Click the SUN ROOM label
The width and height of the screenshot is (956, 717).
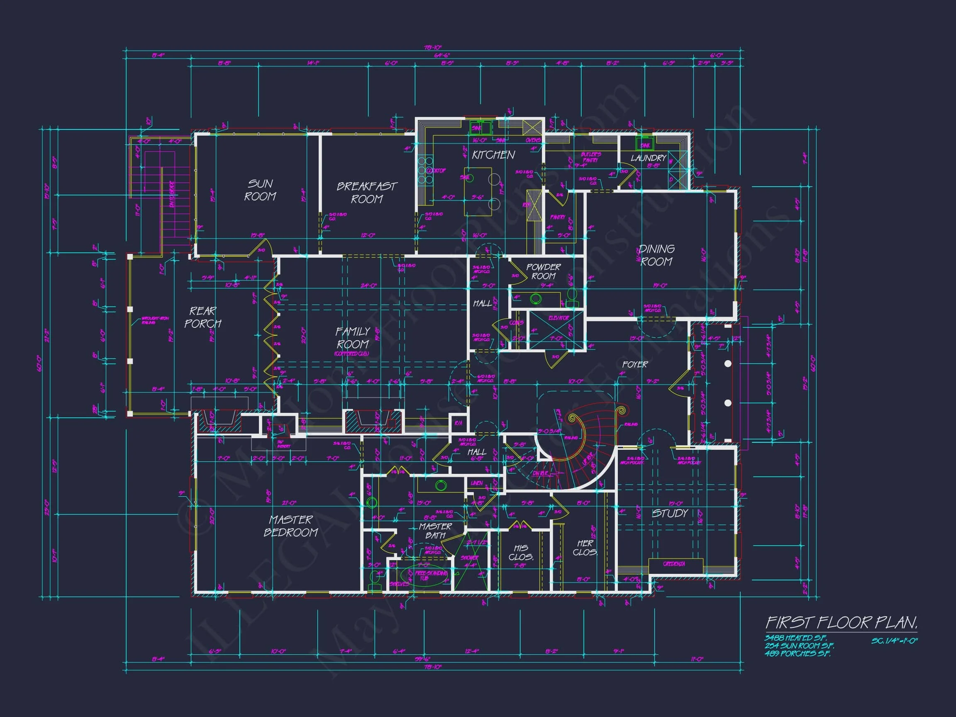point(260,190)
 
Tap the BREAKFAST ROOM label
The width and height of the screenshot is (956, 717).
point(366,193)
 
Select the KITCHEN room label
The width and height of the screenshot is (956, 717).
point(493,155)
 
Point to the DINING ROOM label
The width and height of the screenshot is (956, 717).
point(656,255)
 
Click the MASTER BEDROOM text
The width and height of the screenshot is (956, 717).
point(290,526)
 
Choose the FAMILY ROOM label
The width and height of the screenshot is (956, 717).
point(353,338)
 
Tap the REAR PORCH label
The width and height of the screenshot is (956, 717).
point(203,317)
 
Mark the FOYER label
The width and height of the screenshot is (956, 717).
point(635,364)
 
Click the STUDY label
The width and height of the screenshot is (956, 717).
point(670,513)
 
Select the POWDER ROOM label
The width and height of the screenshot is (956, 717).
point(543,271)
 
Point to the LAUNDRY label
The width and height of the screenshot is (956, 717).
point(648,158)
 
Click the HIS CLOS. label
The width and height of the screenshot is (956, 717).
point(521,552)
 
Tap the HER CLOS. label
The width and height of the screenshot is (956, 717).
point(585,548)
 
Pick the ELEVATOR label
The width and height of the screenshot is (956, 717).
point(559,318)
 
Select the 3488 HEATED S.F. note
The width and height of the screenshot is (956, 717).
point(795,638)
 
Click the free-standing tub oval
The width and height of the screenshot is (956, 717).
point(426,576)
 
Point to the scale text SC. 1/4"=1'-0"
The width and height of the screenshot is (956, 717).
point(894,641)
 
